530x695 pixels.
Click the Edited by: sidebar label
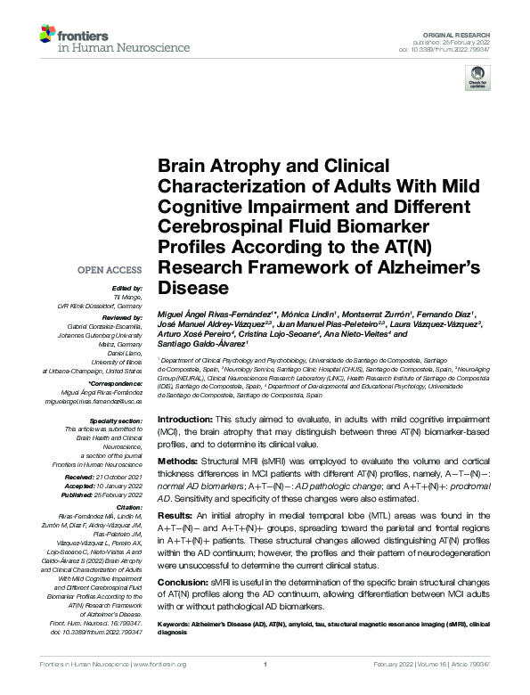[x=126, y=288]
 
